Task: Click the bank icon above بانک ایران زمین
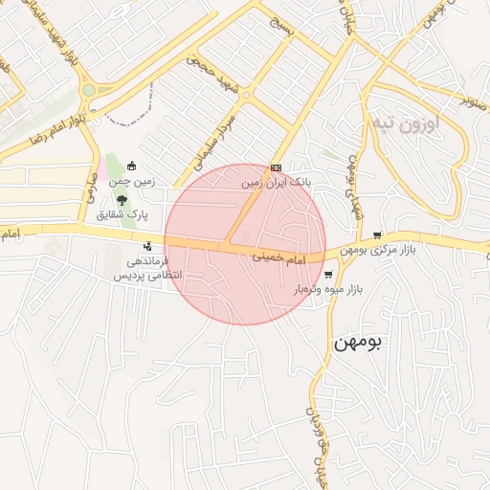277,167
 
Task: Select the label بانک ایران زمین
276,181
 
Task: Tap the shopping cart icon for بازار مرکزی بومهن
378,235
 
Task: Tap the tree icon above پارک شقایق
122,201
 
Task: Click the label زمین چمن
133,180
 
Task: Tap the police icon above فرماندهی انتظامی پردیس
146,246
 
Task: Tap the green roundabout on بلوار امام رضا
88,91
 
